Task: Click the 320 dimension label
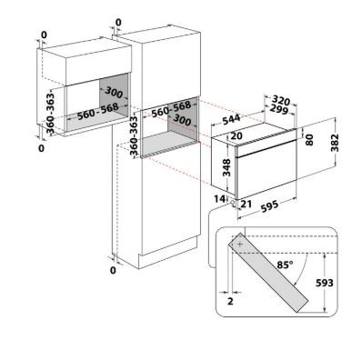[x=280, y=100]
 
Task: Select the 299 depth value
[x=278, y=110]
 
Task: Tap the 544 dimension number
[x=231, y=119]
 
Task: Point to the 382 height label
[x=335, y=143]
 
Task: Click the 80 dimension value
[x=309, y=140]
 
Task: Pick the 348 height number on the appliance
[x=226, y=167]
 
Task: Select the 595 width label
[x=269, y=206]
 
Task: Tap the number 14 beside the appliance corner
[x=219, y=199]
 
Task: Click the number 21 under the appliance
[x=246, y=204]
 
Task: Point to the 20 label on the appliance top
[x=236, y=136]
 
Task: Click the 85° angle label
[x=285, y=265]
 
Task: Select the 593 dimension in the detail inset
[x=325, y=283]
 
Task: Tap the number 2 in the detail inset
[x=230, y=302]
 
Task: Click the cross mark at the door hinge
[x=240, y=245]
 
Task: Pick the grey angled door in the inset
[x=268, y=273]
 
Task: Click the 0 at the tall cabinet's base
[x=113, y=270]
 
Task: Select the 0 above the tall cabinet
[x=118, y=23]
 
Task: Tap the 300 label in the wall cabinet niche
[x=115, y=92]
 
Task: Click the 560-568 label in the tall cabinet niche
[x=171, y=109]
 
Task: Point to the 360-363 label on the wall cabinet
[x=50, y=114]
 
